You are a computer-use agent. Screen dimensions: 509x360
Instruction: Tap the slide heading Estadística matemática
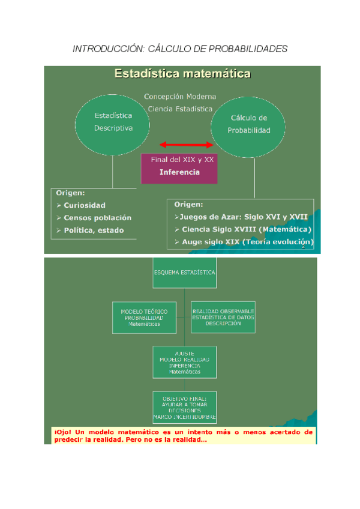click(182, 74)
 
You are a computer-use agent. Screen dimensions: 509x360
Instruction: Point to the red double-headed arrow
click(186, 145)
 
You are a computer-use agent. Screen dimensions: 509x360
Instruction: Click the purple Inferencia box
click(179, 172)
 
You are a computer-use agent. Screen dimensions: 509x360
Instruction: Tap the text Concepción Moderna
click(180, 97)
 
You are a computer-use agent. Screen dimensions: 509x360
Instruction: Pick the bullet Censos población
click(97, 218)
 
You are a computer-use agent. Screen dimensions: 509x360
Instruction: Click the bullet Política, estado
click(95, 230)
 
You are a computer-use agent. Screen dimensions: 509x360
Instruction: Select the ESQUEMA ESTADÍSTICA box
click(184, 271)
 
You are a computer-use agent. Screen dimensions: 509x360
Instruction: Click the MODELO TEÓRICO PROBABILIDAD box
click(144, 318)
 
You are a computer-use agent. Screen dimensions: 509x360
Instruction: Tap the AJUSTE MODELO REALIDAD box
click(184, 362)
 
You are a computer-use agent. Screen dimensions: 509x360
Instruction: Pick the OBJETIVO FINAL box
click(184, 408)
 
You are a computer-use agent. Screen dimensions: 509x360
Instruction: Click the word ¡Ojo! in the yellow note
click(62, 432)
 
